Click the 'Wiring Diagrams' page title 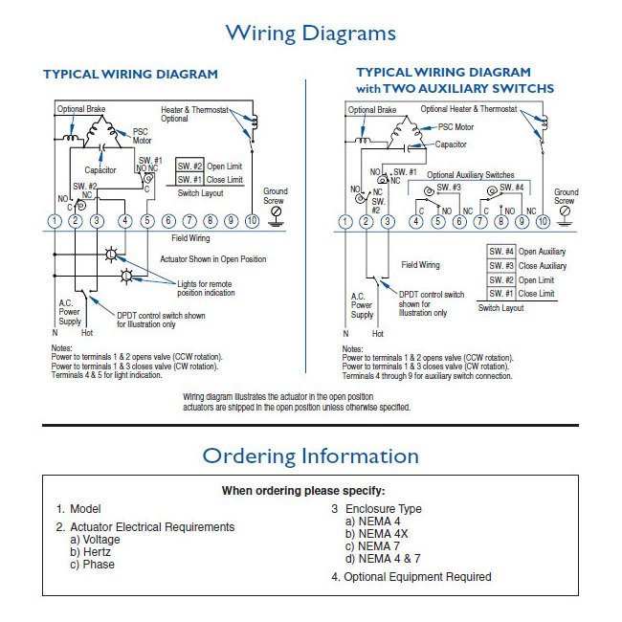[310, 33]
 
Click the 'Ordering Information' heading [310, 455]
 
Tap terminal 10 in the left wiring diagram [252, 221]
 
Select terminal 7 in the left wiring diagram [189, 221]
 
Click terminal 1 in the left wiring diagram [55, 221]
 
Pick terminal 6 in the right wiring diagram [458, 222]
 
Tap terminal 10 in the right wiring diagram [543, 222]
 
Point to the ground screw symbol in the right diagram [565, 212]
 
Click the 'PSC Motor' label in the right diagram [455, 126]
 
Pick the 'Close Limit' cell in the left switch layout [225, 179]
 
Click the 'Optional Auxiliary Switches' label [470, 175]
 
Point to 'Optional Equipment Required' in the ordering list [411, 577]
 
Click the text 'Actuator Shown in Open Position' [212, 259]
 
